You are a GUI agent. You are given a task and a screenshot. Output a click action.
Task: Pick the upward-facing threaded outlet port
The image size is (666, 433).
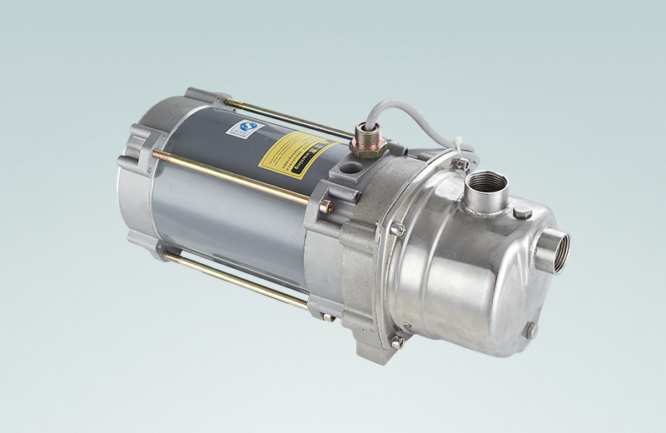coord(486,186)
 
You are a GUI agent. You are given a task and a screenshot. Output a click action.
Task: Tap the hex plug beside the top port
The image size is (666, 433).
coord(522,213)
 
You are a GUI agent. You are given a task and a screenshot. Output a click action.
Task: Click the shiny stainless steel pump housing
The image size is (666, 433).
coord(466,275)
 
